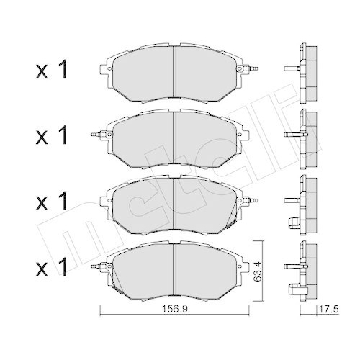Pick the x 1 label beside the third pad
pyautogui.click(x=52, y=199)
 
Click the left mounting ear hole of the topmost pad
pyautogui.click(x=106, y=71)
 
